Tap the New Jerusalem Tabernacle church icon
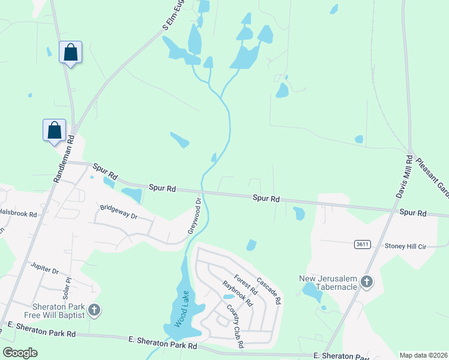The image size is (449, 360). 367,281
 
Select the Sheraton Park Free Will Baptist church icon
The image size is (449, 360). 94,310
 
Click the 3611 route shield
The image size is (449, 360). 362,244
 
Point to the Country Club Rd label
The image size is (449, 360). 235,326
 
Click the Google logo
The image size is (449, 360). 20,353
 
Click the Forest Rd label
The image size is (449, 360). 246,285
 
